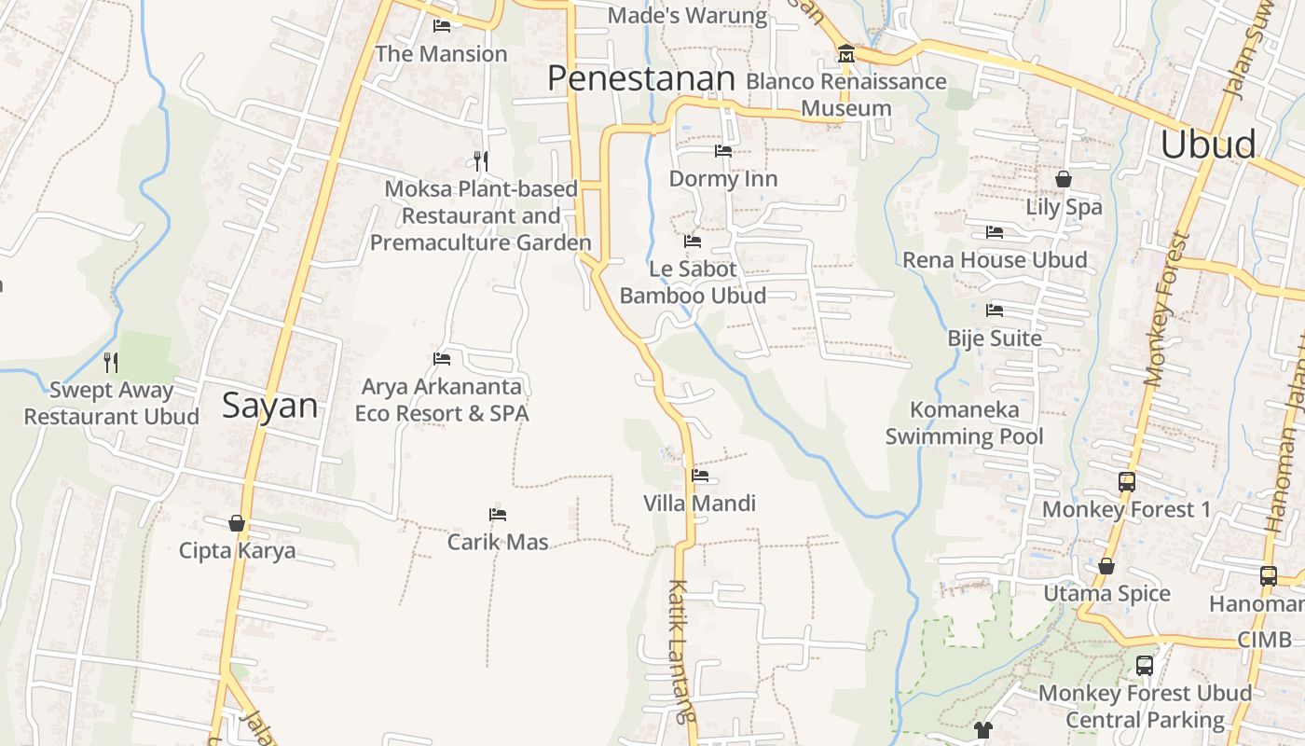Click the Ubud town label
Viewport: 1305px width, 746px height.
click(1208, 145)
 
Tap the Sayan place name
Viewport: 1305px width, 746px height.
click(270, 406)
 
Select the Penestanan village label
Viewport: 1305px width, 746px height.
click(641, 78)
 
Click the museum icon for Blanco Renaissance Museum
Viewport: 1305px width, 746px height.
click(846, 54)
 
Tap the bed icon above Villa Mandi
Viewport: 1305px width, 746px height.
click(700, 476)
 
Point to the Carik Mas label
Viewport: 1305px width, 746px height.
click(498, 542)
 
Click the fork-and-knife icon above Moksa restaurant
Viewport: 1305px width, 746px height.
click(481, 160)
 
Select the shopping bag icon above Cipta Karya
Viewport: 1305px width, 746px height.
click(237, 523)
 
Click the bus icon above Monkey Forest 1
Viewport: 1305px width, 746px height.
click(1127, 482)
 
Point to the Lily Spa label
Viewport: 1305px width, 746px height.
click(1064, 207)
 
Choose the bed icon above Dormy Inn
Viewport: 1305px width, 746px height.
click(723, 151)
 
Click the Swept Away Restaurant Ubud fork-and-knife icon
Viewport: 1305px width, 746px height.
click(111, 362)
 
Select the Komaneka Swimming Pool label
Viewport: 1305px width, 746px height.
click(964, 422)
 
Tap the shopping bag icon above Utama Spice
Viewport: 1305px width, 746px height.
click(1106, 566)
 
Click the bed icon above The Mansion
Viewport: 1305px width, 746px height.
click(442, 26)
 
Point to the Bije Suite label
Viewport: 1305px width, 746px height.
click(995, 338)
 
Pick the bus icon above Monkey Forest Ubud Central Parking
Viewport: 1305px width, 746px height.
click(1145, 666)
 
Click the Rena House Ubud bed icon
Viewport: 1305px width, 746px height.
click(995, 232)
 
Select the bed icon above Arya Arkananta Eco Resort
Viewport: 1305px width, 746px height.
click(442, 359)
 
